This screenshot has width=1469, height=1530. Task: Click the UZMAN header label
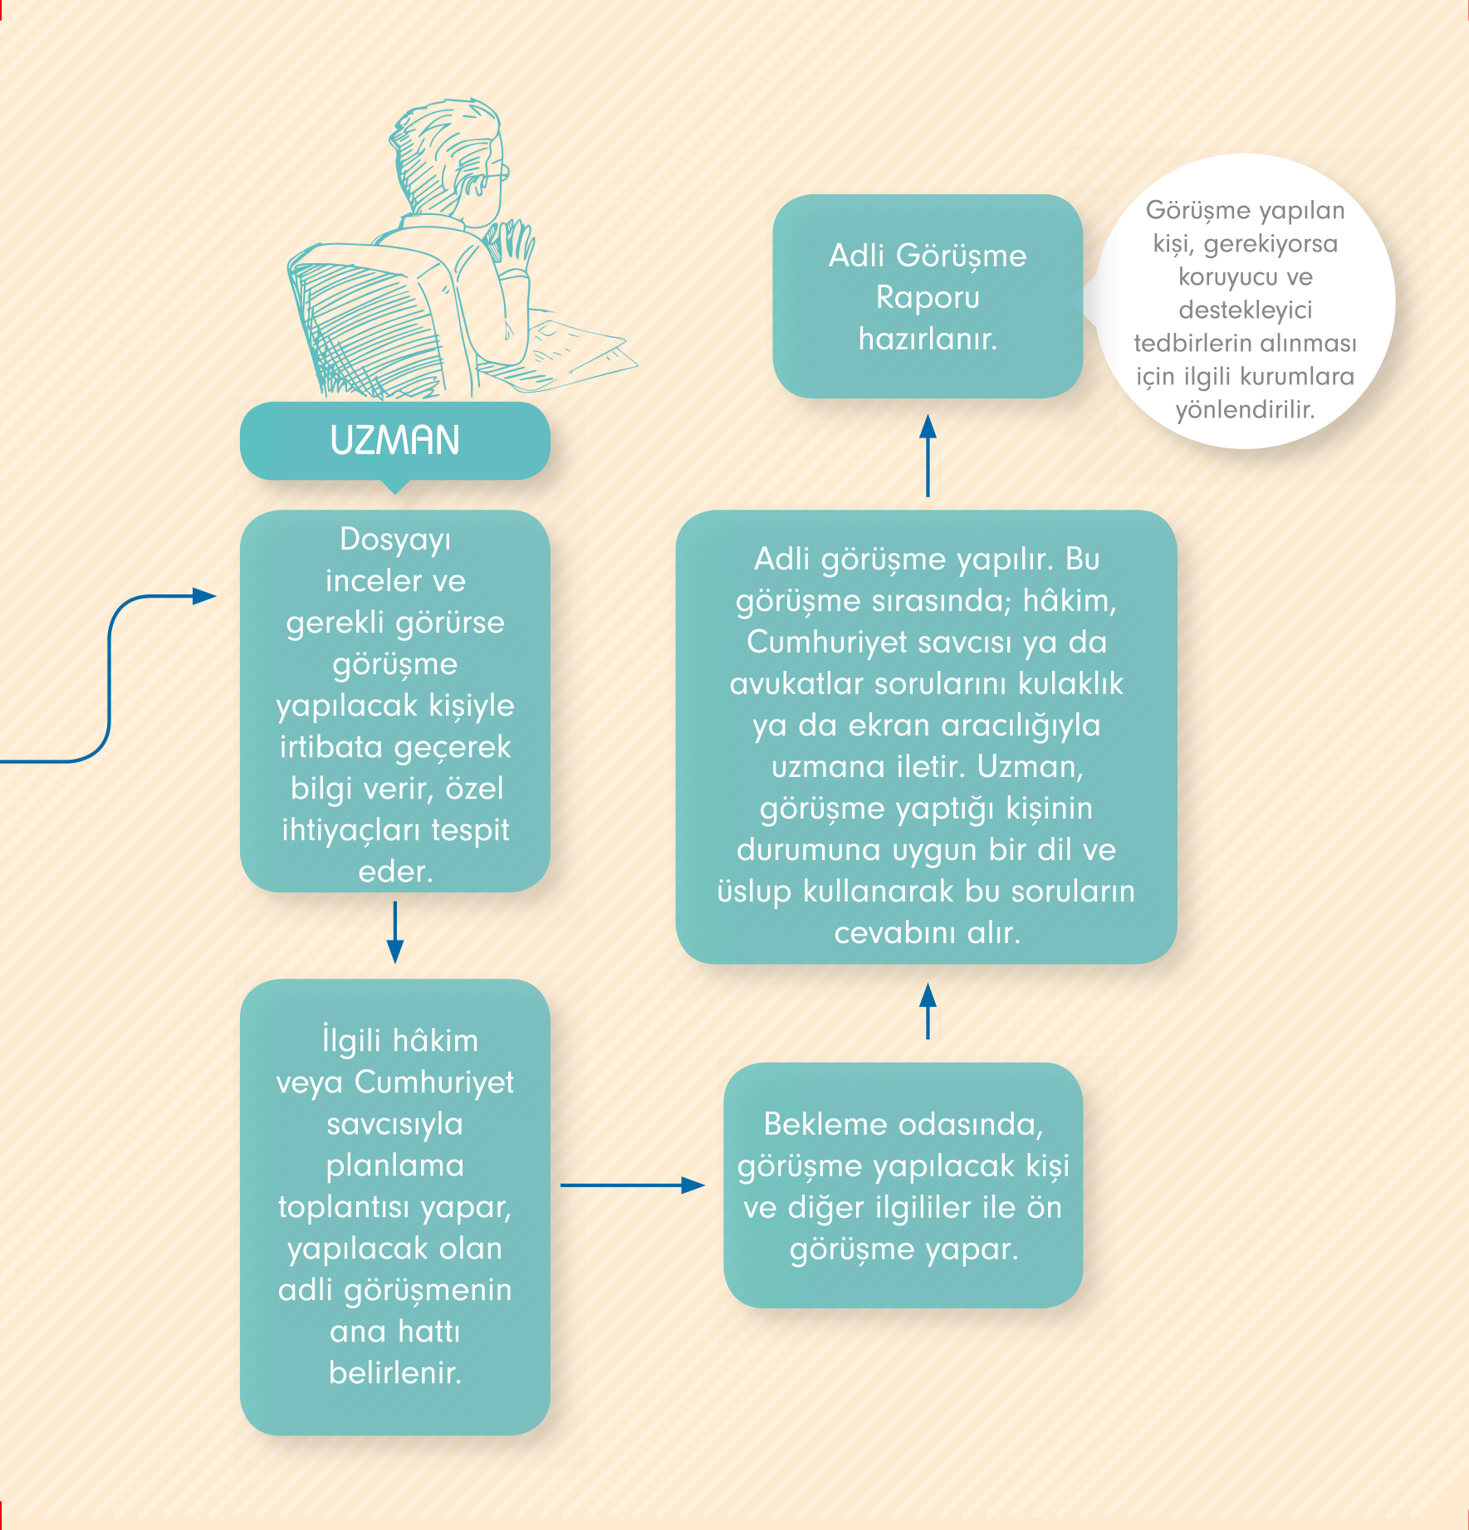395,440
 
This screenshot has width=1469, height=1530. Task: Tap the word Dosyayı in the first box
395,540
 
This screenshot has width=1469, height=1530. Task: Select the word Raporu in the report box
928,297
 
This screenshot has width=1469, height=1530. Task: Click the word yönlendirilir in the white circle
1245,409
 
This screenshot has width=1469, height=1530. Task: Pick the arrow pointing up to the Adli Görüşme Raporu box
928,456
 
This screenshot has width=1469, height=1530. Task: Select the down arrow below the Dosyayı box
395,932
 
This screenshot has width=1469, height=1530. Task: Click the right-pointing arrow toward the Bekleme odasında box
633,1185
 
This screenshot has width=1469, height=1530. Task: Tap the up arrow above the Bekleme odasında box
928,1011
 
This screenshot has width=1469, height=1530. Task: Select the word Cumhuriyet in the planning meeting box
434,1082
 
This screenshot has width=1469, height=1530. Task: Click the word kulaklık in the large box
1070,683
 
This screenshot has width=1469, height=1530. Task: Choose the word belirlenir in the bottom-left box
395,1372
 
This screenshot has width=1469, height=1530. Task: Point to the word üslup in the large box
754,892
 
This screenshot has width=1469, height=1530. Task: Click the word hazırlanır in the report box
928,339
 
